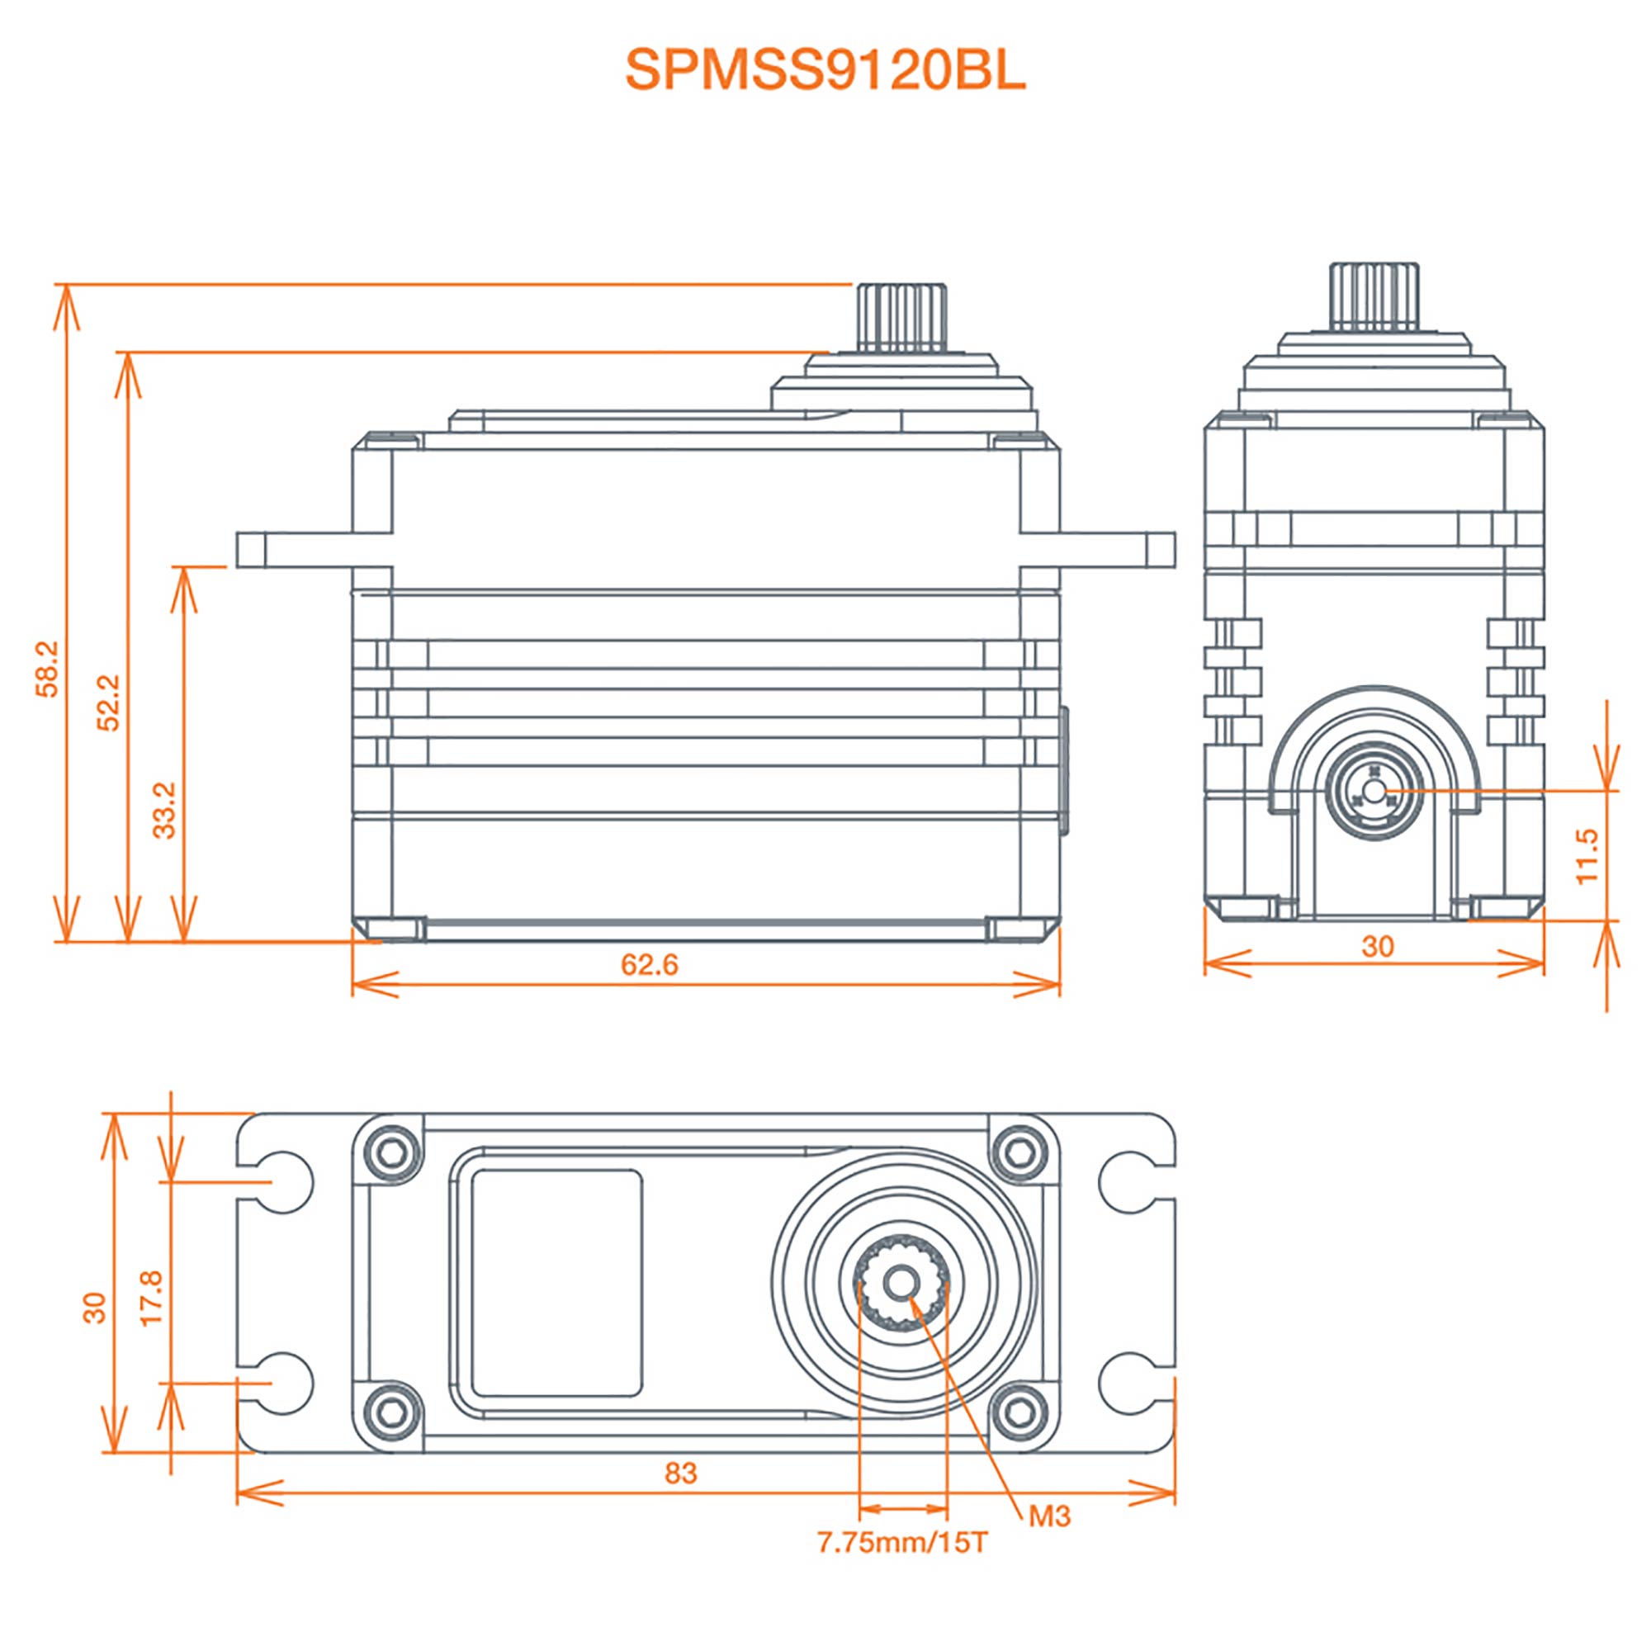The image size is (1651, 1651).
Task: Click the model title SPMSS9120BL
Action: tap(825, 70)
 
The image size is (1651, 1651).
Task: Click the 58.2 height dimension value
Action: tap(48, 669)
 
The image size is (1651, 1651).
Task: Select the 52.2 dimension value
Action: tap(108, 703)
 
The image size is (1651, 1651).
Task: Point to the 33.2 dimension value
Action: tap(164, 810)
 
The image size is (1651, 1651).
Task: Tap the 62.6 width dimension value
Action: tap(650, 965)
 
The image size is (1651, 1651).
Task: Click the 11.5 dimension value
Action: tap(1586, 857)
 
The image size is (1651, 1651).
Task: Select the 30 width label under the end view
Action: tap(1378, 946)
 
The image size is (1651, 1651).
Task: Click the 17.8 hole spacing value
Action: tap(151, 1298)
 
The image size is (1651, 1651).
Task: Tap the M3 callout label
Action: tap(1049, 1516)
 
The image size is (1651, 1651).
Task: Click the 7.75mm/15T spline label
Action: tap(902, 1543)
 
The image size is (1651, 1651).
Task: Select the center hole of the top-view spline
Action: tap(902, 1283)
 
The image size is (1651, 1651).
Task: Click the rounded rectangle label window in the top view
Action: tap(556, 1284)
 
